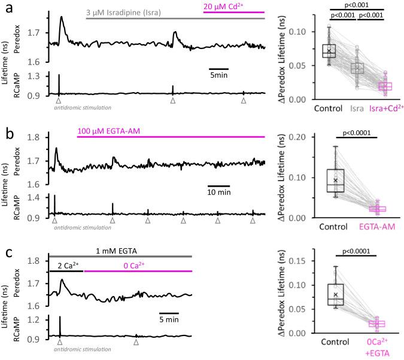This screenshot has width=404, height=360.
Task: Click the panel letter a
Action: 6,7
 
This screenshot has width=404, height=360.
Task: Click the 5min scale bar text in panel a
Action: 218,75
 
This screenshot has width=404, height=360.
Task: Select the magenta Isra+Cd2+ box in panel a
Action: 379,87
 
